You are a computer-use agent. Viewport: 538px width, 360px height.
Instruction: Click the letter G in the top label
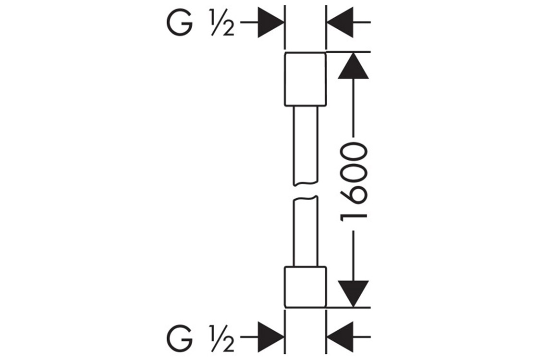pos(180,23)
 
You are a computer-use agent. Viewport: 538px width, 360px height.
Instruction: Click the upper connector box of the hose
pos(306,79)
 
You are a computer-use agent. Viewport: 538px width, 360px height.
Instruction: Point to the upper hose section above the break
pos(306,144)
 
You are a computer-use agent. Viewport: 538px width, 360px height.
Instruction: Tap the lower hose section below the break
pos(306,230)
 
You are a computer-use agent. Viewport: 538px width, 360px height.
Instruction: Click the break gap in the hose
pos(306,191)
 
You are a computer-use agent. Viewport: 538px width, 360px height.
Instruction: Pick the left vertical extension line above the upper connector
pos(285,26)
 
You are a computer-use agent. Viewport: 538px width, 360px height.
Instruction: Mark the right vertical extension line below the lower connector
pos(326,331)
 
